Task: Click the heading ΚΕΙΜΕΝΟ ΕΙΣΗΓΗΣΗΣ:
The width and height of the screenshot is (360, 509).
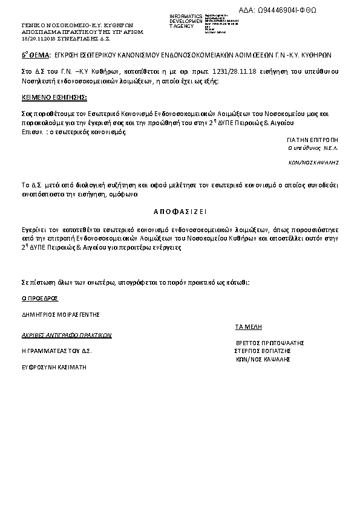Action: tap(54, 97)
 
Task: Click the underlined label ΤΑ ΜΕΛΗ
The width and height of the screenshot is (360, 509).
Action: tap(248, 326)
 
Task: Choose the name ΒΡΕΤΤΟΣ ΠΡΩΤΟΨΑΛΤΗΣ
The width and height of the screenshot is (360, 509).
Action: tap(269, 343)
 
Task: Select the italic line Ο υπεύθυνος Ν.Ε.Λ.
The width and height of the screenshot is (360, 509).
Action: tap(313, 148)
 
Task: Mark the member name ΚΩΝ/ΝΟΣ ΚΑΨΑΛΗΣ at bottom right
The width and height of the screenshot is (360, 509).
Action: tap(263, 359)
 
